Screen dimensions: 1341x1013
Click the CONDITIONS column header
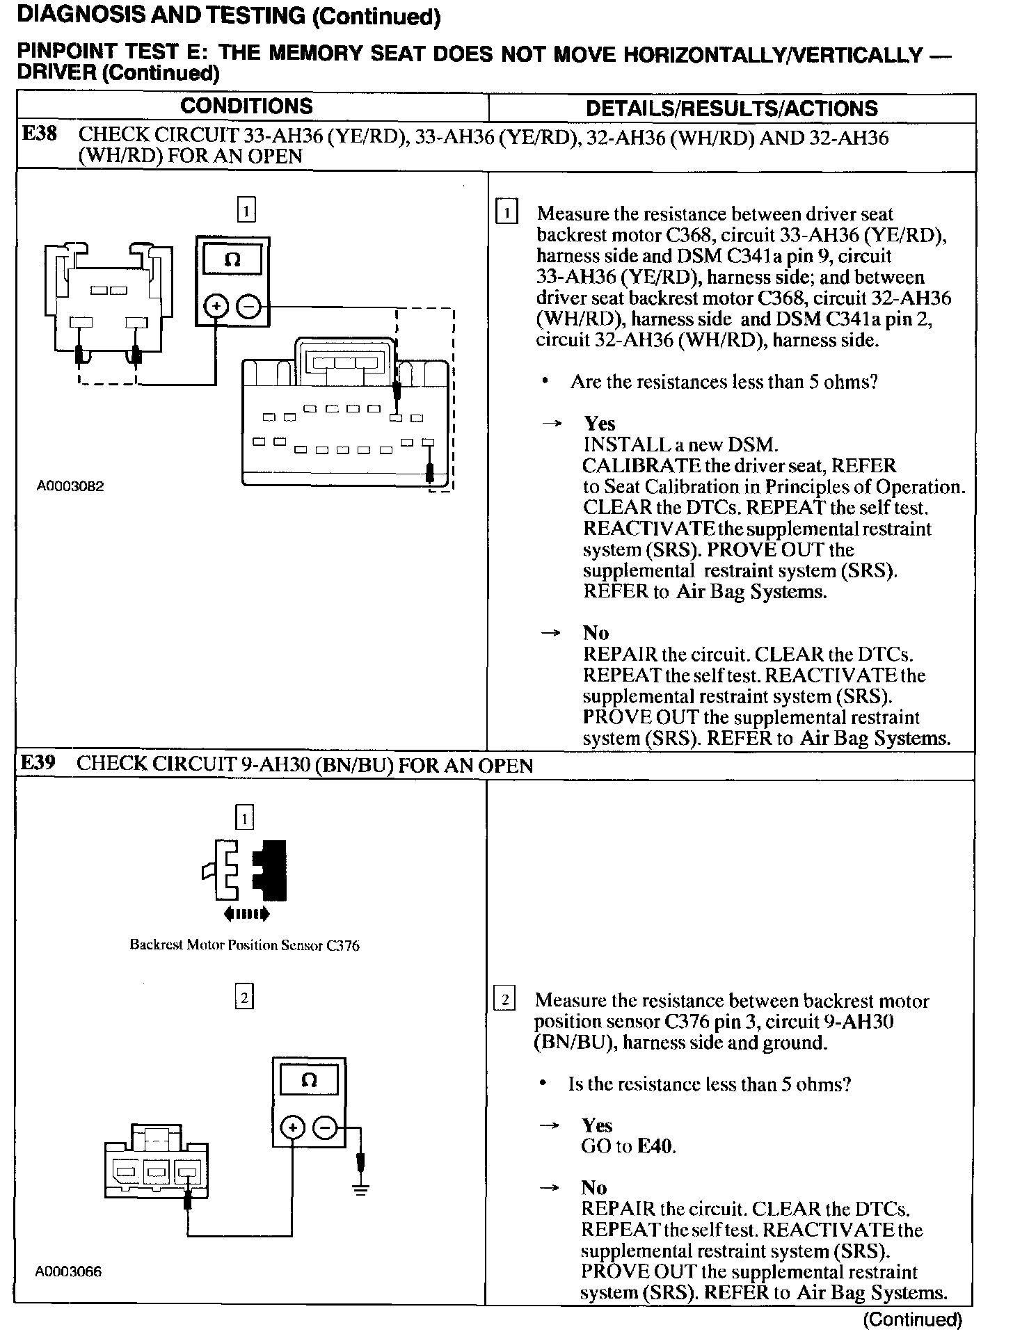pyautogui.click(x=246, y=106)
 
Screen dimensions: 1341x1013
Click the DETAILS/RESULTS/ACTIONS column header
pyautogui.click(x=731, y=109)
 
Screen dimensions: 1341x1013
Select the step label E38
pyautogui.click(x=40, y=134)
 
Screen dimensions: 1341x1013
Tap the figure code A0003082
pyautogui.click(x=70, y=487)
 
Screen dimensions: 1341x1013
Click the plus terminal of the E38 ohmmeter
pyautogui.click(x=216, y=306)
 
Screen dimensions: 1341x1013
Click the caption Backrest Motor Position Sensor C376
pyautogui.click(x=244, y=945)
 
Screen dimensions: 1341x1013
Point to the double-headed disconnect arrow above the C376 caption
pyautogui.click(x=246, y=913)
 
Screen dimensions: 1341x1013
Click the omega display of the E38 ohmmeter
pyautogui.click(x=232, y=260)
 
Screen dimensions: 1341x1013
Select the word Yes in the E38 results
pyautogui.click(x=599, y=424)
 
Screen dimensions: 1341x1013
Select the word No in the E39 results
pyautogui.click(x=594, y=1187)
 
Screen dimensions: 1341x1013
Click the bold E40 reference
pyautogui.click(x=655, y=1146)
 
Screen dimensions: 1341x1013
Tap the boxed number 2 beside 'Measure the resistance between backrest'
pyautogui.click(x=504, y=1001)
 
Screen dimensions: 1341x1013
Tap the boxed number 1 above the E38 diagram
pyautogui.click(x=246, y=210)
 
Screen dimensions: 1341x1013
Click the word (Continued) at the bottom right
pyautogui.click(x=912, y=1319)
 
